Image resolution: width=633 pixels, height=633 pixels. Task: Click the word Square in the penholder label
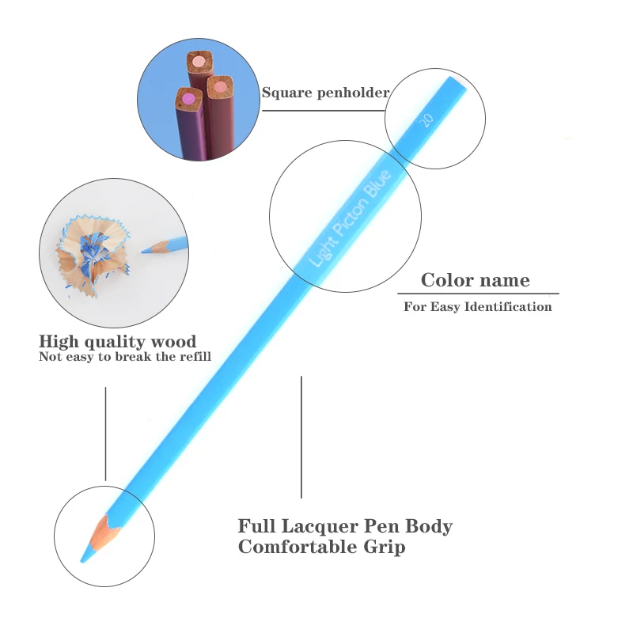pos(287,93)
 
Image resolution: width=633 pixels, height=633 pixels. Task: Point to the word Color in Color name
pos(447,280)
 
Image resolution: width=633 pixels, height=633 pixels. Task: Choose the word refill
pos(194,357)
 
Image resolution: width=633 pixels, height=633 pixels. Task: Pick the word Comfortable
pos(297,547)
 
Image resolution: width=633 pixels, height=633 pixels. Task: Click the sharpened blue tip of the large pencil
pos(85,556)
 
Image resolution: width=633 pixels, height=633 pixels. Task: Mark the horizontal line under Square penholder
pos(324,110)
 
